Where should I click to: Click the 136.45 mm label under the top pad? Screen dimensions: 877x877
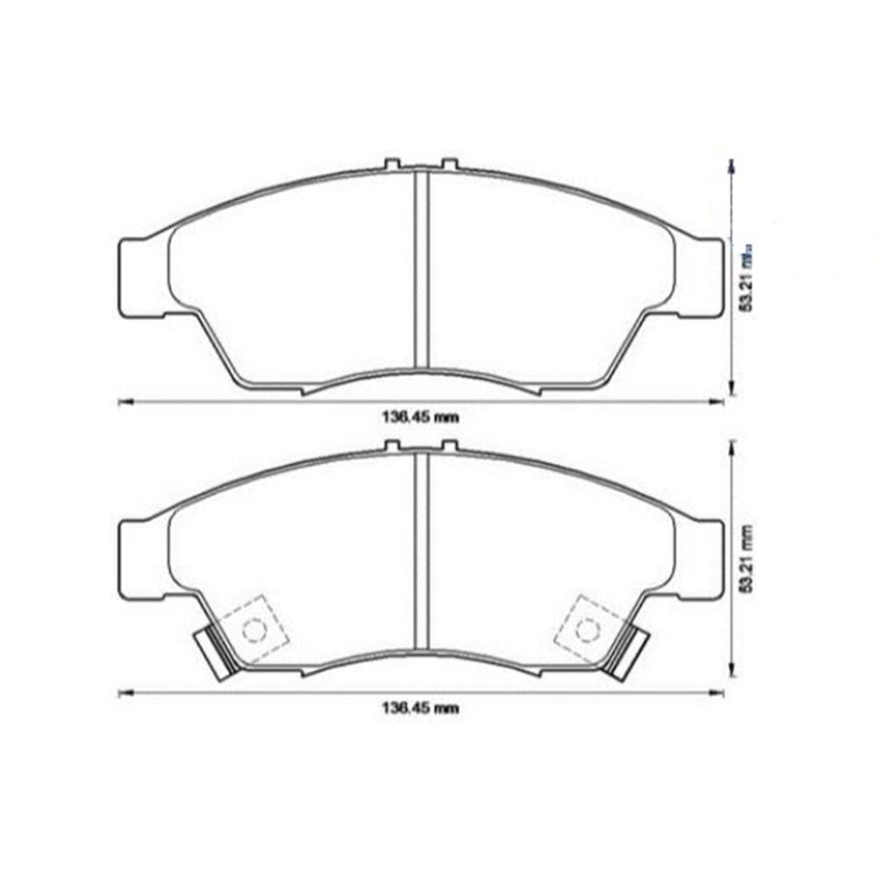[419, 417]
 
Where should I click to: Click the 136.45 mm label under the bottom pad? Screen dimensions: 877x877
[419, 708]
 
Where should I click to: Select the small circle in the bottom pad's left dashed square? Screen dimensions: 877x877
[253, 629]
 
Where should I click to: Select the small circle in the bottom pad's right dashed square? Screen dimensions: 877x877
[587, 629]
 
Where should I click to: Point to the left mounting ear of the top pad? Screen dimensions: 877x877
[140, 276]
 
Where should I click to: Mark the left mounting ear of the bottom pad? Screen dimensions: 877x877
[140, 558]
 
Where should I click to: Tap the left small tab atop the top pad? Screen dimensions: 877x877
[393, 164]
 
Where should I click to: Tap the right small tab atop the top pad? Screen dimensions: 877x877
[449, 164]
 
